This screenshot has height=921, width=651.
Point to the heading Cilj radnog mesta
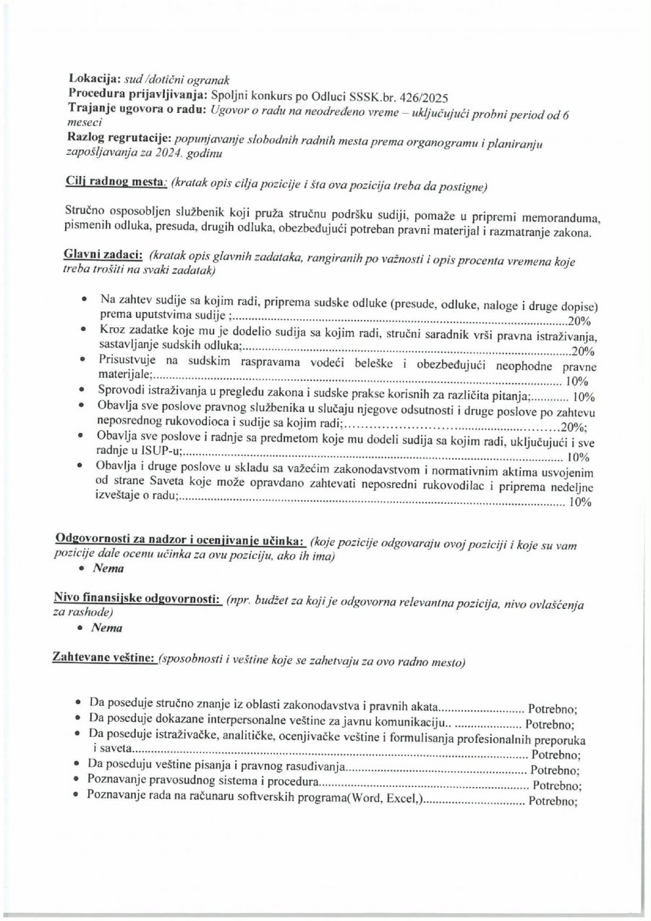[112, 182]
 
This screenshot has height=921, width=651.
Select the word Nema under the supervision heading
[109, 569]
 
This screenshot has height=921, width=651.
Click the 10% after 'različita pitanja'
[582, 396]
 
